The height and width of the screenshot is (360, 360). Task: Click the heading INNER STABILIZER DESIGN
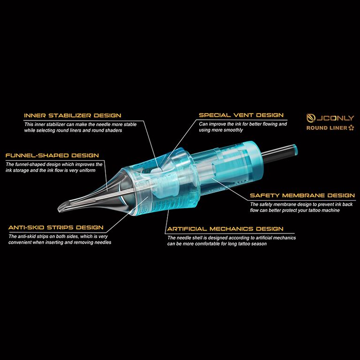click(x=73, y=115)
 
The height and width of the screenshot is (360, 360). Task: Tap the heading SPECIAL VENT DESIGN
click(x=241, y=115)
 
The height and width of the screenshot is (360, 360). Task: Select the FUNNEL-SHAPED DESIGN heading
click(x=52, y=156)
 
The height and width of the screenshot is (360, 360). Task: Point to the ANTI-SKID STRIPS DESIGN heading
click(x=56, y=227)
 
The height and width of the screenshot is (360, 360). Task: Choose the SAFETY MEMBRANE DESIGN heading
click(x=302, y=195)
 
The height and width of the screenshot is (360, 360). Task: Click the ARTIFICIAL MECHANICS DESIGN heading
click(x=225, y=229)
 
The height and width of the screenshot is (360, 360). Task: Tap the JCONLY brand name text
click(x=335, y=118)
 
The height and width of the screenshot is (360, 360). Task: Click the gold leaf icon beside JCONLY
click(x=311, y=118)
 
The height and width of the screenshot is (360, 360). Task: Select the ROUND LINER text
click(x=327, y=128)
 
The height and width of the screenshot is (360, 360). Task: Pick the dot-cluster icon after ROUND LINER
click(x=351, y=128)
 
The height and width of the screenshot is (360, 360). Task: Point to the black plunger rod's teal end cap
click(x=294, y=150)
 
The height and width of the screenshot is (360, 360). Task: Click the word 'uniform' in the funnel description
click(x=87, y=170)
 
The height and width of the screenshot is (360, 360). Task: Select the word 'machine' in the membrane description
click(x=330, y=210)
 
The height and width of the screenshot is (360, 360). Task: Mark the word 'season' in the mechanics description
click(x=259, y=244)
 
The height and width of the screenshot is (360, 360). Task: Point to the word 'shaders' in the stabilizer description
click(x=113, y=130)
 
